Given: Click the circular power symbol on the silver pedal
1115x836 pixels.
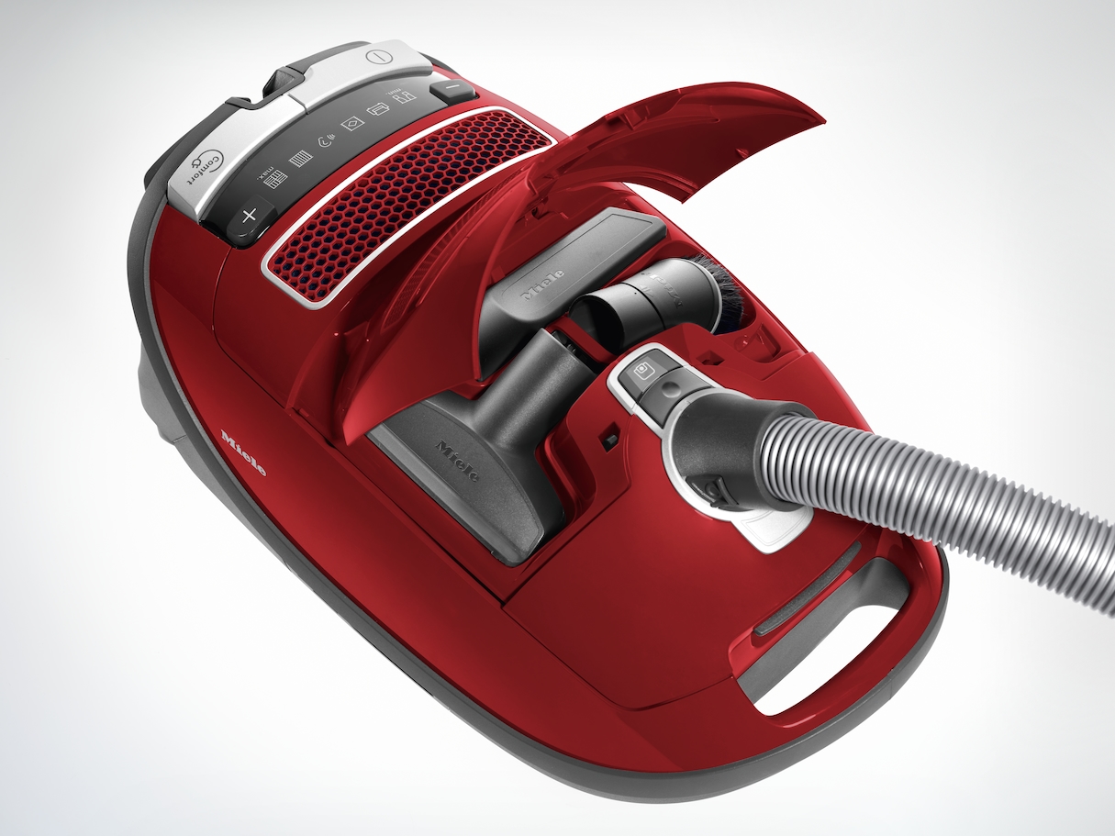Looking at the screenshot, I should (377, 57).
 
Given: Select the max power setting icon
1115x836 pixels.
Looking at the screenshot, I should (271, 182).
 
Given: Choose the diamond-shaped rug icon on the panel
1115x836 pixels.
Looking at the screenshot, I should (352, 124).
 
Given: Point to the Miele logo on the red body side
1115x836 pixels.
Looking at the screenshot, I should (243, 451).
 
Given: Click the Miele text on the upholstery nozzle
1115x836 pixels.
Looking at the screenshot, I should (456, 461).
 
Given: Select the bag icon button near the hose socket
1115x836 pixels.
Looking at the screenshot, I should (641, 373).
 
